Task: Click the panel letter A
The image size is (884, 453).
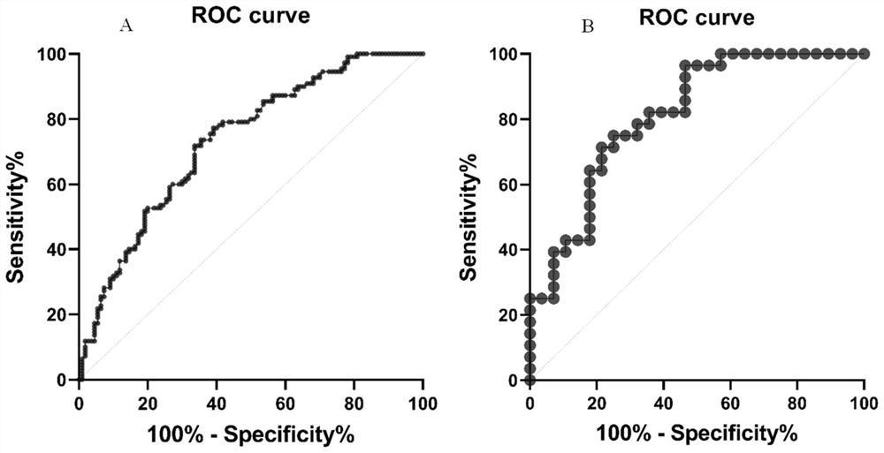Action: (x=126, y=26)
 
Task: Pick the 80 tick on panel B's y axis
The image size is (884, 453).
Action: (x=507, y=119)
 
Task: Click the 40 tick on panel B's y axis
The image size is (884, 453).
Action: (x=507, y=250)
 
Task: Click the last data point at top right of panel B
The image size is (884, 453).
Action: (x=864, y=55)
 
